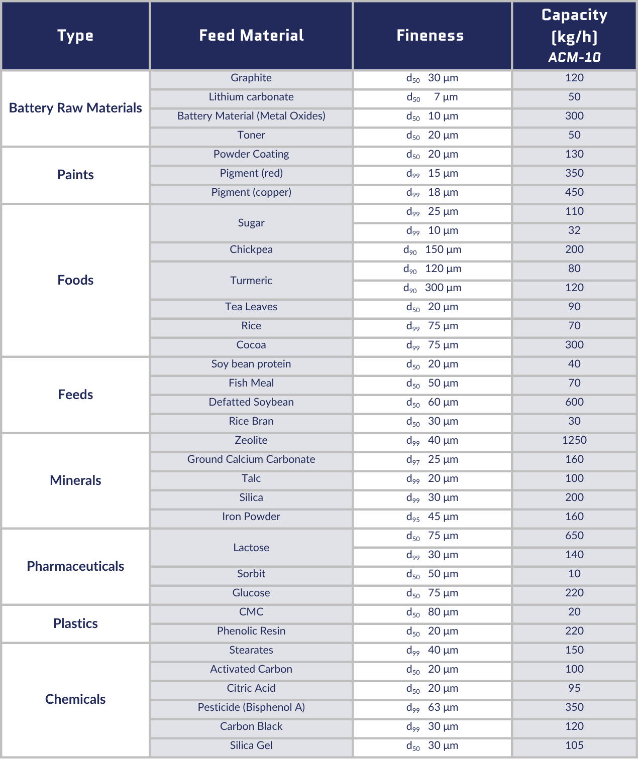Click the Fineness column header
coord(430,35)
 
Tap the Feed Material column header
coord(251,35)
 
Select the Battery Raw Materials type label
coord(75,108)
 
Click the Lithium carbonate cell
coord(251,97)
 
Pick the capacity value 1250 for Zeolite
coord(574,440)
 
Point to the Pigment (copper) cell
coord(251,192)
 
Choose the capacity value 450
coord(574,192)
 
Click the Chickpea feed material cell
coord(251,249)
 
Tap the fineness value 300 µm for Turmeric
coord(433,288)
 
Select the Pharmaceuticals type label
coord(75,566)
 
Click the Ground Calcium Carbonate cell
coord(251,459)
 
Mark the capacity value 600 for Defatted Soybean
coord(574,402)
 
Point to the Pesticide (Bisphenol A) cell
coord(251,707)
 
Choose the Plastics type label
coord(75,623)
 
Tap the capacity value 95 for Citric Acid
coord(574,688)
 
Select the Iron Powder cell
coord(251,517)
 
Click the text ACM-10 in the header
coord(574,57)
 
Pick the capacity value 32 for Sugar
coord(574,230)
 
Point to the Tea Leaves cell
coord(251,307)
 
